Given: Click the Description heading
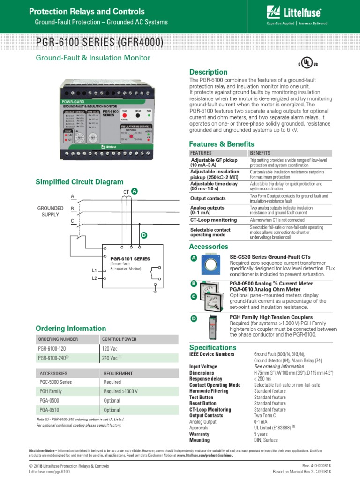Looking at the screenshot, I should coord(208,72).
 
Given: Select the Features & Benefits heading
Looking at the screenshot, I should coord(221,144).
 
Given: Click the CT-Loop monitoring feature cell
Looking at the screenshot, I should coord(211,219).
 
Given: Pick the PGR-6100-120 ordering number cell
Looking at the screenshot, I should coord(52,349).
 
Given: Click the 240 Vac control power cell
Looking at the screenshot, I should coord(112,358).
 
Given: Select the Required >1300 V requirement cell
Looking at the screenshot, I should coord(121,391).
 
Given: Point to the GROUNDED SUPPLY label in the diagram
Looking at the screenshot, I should coord(50,211).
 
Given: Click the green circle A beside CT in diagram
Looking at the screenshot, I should coord(135,191).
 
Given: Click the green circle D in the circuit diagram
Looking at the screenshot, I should coord(144,235).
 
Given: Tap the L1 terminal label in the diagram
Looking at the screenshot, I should coord(94,270).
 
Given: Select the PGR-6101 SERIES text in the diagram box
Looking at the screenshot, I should coord(130,259).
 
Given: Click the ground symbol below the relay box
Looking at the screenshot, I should coord(155,292).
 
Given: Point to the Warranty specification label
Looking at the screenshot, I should coord(199,434).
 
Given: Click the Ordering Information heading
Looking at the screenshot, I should coord(71,329).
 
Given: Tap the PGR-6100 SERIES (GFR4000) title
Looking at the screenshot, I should coord(100,43).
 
